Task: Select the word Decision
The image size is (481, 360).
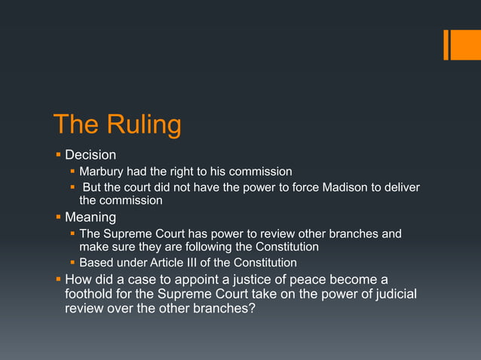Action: point(90,155)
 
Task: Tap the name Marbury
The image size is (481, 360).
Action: point(103,172)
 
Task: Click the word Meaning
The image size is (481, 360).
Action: point(90,218)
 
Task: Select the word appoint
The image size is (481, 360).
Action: point(179,279)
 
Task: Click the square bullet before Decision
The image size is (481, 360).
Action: point(58,155)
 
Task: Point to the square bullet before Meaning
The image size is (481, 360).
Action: point(58,218)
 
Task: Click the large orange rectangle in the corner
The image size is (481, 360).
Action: point(461,44)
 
